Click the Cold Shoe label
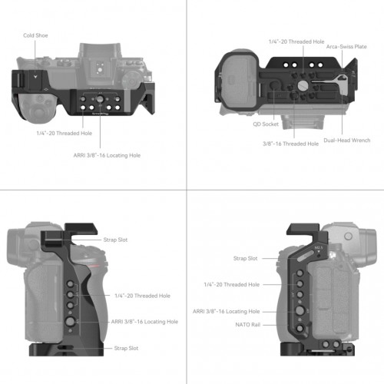coord(35,35)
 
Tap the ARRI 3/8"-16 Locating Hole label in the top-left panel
coord(107,155)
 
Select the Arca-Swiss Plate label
coord(346,47)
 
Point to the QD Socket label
coord(266,124)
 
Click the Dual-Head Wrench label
coord(347,141)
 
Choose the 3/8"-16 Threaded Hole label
coord(290,144)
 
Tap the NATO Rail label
coord(247,325)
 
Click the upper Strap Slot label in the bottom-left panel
coord(115,240)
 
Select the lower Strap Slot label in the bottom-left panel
coord(126,348)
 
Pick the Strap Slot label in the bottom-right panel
coord(245,259)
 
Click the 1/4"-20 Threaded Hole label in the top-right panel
coord(296,41)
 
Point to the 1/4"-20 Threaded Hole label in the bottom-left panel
coord(142,296)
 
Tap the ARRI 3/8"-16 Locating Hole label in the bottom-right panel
coord(226,312)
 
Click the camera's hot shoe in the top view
coord(99,68)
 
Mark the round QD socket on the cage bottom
coord(274,85)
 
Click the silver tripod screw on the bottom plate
coord(303,85)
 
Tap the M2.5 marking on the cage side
coord(319,247)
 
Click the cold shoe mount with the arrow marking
coord(35,80)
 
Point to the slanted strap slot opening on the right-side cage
coord(306,256)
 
